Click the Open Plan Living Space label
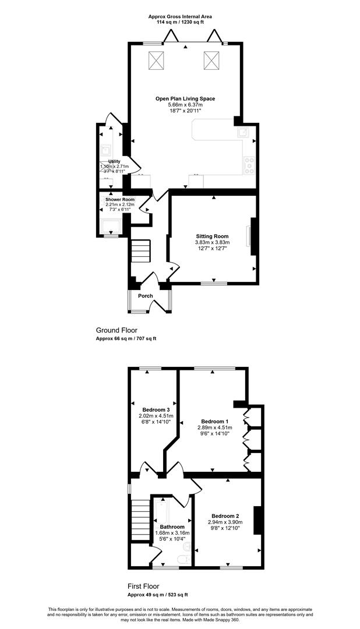coord(185,98)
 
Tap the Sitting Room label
coord(212,236)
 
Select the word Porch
coord(145,296)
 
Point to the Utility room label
coord(114,161)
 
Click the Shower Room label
coord(119,199)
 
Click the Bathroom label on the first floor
coord(172,526)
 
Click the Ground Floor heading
coord(117,331)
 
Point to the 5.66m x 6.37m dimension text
coord(185,105)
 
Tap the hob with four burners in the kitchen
coord(249,164)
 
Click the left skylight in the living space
coord(157,60)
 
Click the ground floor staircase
coord(140,251)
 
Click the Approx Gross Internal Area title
coord(180,16)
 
